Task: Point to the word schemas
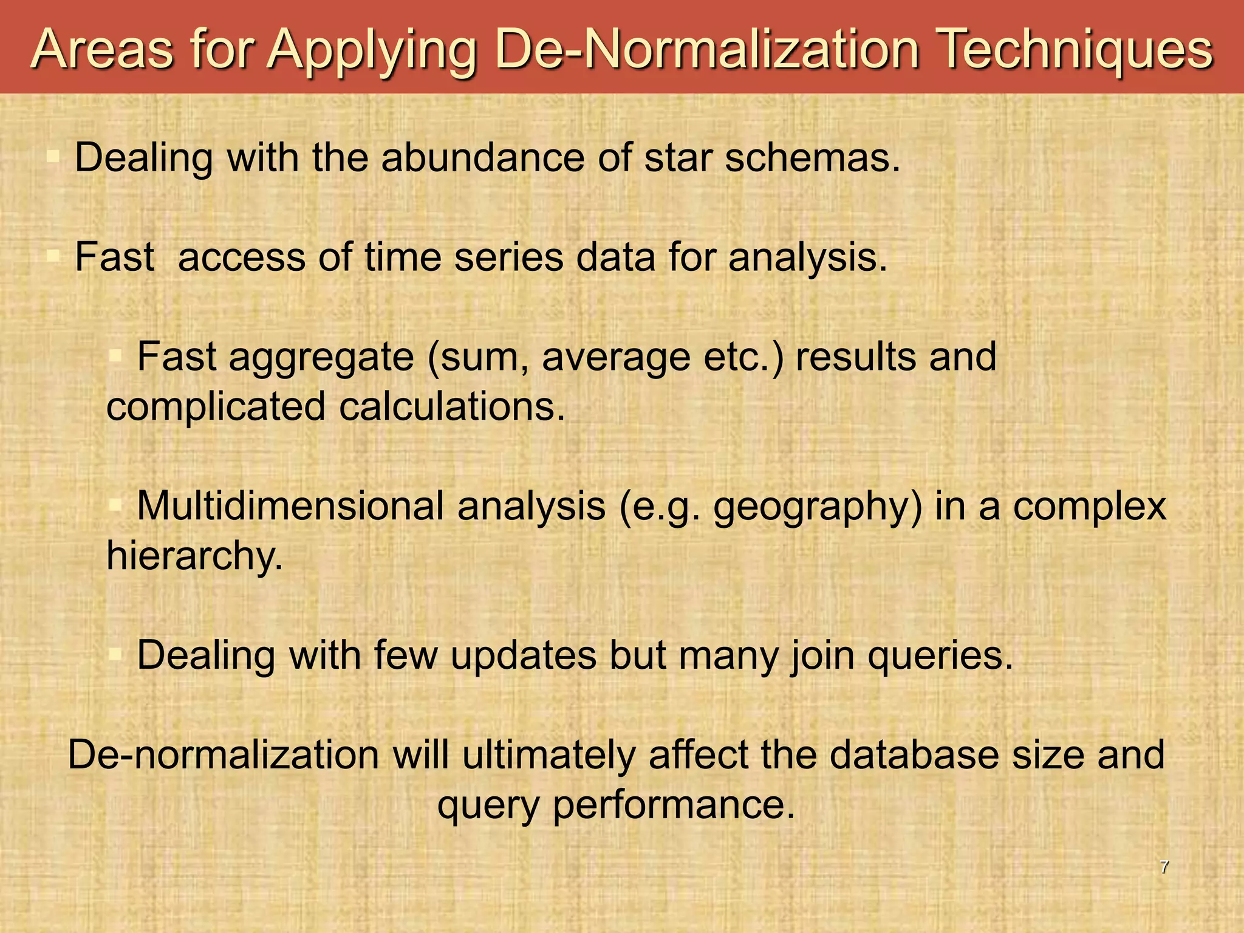point(812,158)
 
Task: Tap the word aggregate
point(321,357)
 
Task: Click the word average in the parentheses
point(616,357)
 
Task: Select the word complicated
point(216,406)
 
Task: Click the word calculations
point(452,406)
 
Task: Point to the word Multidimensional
point(291,506)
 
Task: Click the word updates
point(523,656)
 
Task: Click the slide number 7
point(1164,867)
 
